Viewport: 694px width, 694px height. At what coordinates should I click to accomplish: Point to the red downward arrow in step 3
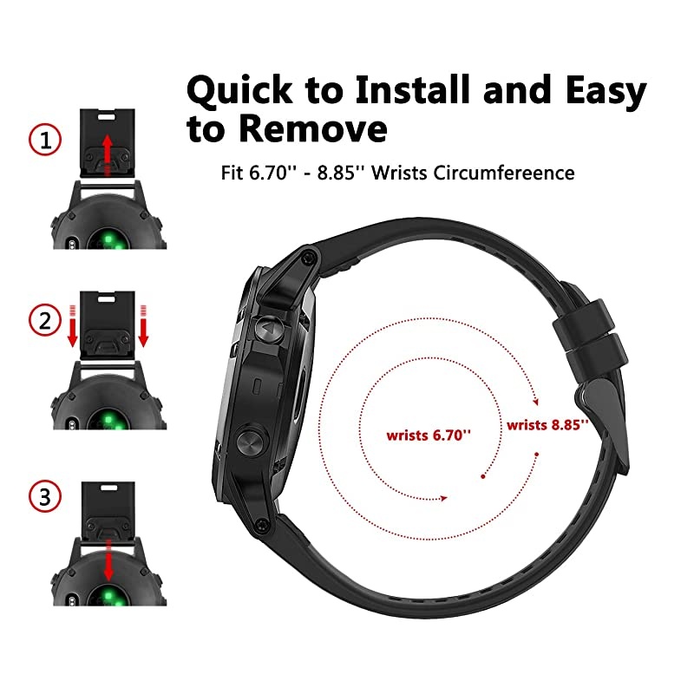coord(108,560)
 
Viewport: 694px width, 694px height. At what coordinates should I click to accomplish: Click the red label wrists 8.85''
coord(547,424)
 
